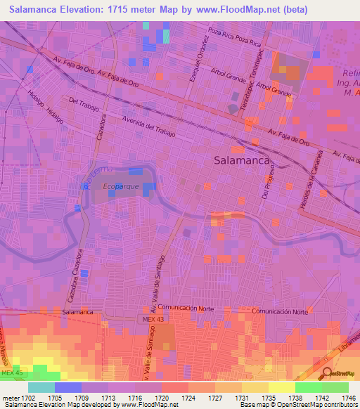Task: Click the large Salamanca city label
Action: pos(242,160)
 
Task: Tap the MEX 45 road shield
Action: pos(11,372)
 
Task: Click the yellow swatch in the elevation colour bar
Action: pos(281,387)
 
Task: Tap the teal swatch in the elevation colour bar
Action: pos(41,387)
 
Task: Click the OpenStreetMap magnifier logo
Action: pos(327,374)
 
